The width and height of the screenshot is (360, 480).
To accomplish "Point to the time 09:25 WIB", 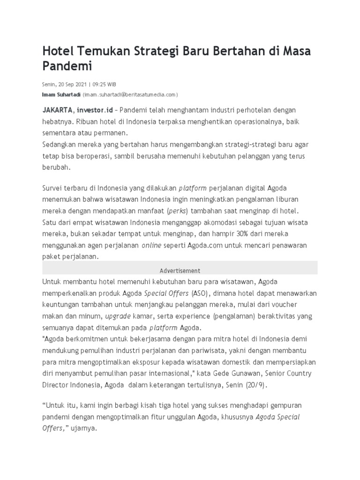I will tap(104, 84).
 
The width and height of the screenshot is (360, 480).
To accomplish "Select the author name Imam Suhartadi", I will tap(61, 94).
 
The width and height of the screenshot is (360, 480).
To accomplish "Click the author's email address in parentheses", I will tap(130, 94).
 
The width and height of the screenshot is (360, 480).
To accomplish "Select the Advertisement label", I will tap(180, 270).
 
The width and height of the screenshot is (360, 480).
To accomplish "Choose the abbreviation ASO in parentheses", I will tap(198, 293).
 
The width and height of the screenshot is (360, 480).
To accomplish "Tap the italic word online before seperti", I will tap(152, 245).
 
